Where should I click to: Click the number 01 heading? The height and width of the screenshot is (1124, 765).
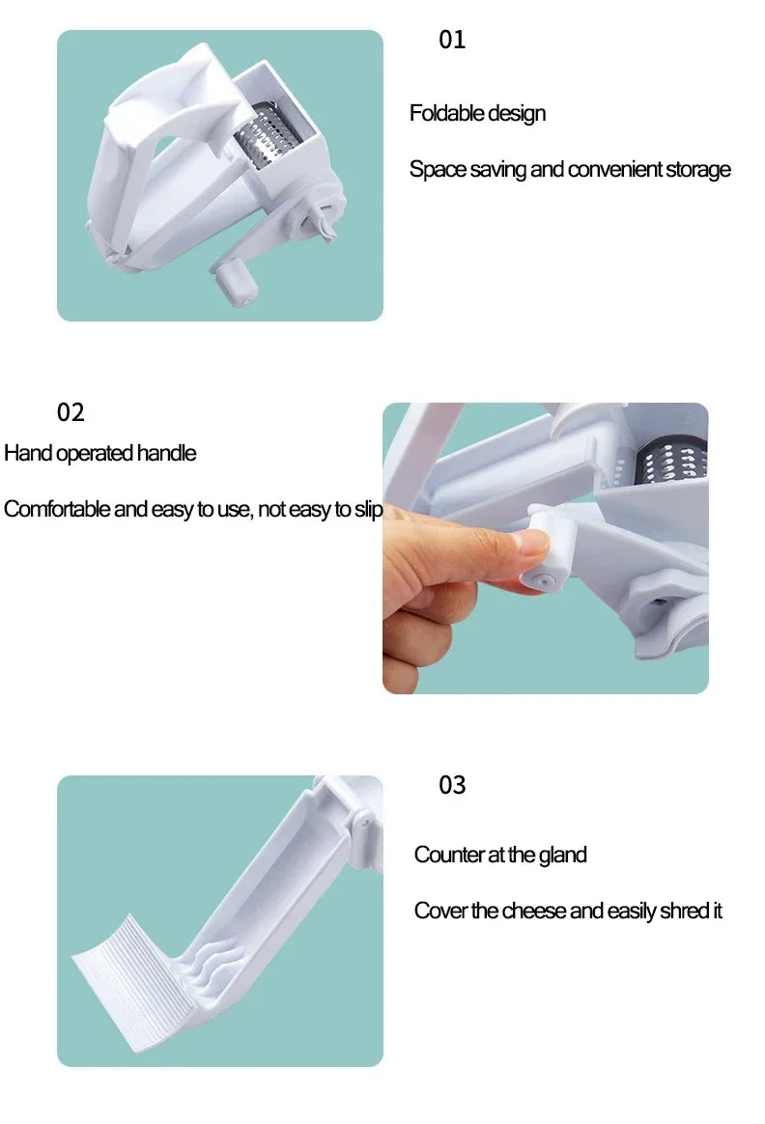452,41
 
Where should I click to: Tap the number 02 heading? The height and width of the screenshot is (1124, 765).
71,413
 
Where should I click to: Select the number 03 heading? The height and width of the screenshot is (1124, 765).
452,786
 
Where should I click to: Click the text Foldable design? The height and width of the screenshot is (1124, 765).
477,114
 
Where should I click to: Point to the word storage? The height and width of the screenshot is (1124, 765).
698,170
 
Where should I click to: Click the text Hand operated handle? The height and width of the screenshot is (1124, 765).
99,454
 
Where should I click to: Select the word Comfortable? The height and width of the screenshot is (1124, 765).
57,510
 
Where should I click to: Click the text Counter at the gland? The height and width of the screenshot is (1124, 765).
500,856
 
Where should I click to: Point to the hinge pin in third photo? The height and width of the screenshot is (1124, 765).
363,819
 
